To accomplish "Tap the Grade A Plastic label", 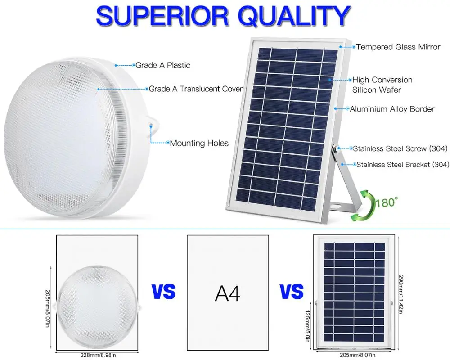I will tap(163, 65).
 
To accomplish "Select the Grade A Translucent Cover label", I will tap(196, 89).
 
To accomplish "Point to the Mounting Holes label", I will tap(199, 144).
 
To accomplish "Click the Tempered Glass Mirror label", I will tap(398, 47).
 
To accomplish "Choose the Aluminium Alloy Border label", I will tap(392, 109).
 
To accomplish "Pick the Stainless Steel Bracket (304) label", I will tap(403, 165).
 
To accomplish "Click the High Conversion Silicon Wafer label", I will tap(382, 85).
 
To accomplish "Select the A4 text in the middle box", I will tap(227, 293).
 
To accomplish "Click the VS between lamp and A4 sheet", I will tap(163, 292).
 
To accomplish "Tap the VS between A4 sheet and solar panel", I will tap(292, 292).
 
